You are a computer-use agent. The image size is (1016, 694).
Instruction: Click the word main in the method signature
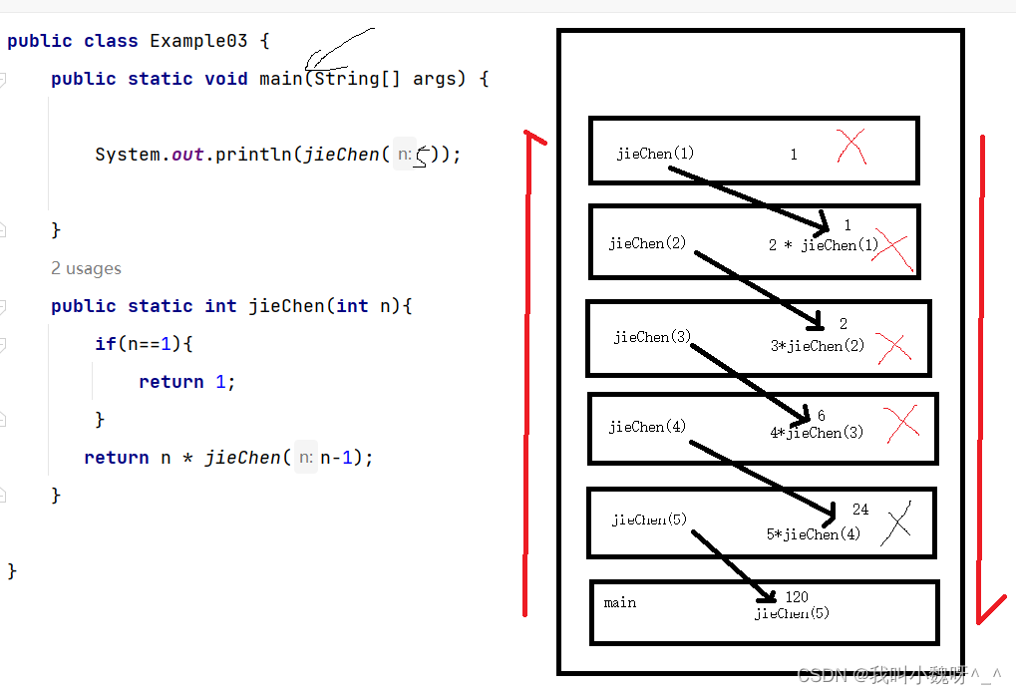(280, 79)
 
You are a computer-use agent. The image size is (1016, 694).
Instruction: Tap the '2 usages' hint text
(87, 268)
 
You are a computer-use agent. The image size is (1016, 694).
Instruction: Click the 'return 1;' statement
(186, 382)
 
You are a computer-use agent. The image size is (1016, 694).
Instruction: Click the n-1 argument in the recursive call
(339, 458)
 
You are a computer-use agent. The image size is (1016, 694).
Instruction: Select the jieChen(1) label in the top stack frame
(655, 154)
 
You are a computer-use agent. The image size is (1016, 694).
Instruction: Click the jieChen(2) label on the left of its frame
(647, 243)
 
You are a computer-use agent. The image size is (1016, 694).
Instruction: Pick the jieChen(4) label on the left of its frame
(647, 427)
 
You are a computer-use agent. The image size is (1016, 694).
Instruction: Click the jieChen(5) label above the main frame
(649, 520)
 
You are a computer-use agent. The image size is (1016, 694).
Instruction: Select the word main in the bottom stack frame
(620, 602)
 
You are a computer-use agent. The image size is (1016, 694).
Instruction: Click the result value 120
(797, 597)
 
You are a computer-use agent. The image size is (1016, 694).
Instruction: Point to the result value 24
(860, 510)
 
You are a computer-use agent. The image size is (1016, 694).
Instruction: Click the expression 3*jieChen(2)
(818, 346)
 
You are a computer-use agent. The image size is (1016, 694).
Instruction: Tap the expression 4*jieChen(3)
(817, 433)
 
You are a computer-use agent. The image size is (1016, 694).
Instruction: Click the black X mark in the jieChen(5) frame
(896, 523)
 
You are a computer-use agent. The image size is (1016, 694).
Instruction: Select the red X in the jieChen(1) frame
(851, 147)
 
